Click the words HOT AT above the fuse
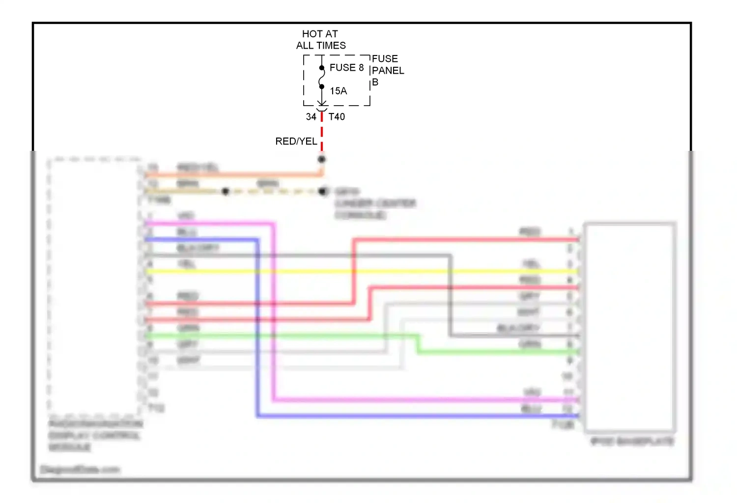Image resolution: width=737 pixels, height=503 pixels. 320,34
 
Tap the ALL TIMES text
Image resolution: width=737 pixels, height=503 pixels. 321,46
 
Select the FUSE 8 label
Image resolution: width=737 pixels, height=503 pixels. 346,67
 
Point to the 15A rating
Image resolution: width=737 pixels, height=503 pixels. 338,91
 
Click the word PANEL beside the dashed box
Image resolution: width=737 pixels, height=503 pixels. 388,70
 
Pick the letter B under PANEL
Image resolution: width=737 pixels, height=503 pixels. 375,82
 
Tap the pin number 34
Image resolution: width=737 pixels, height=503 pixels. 311,117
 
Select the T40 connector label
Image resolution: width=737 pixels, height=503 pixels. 337,117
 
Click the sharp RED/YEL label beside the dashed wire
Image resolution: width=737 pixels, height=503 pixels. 296,141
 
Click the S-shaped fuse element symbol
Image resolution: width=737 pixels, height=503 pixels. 322,77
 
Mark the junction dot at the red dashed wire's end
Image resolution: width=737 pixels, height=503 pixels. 322,159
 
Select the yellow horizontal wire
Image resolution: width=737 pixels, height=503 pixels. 344,271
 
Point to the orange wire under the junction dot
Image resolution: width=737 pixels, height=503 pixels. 236,174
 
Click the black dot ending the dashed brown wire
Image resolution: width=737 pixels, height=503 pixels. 322,191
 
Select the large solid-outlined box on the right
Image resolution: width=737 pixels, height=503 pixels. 629,327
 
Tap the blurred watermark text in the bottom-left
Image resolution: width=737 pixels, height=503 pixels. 80,470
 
